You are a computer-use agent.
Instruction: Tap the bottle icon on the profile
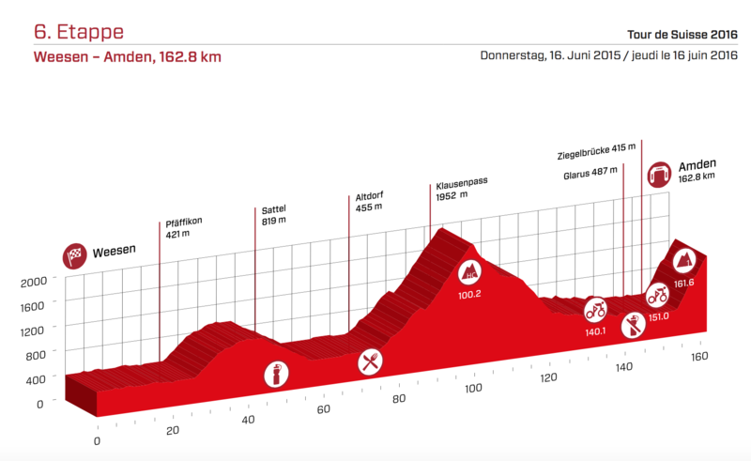pos(277,373)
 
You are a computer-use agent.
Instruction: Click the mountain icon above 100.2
pos(469,273)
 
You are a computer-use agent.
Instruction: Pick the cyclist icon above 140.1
pos(596,309)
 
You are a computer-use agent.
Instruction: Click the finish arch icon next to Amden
pos(659,175)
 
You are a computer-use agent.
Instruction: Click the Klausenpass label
pos(461,184)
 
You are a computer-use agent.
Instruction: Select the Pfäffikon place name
pos(184,222)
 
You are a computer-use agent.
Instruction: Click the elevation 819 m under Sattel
pos(274,221)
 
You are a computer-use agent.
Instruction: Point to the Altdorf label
pos(369,196)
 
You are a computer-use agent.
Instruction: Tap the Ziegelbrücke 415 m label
pos(596,148)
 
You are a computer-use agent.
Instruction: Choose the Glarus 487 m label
pos(590,172)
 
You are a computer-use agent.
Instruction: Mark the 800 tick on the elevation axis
pos(36,356)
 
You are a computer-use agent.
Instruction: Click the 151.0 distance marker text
pos(658,315)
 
